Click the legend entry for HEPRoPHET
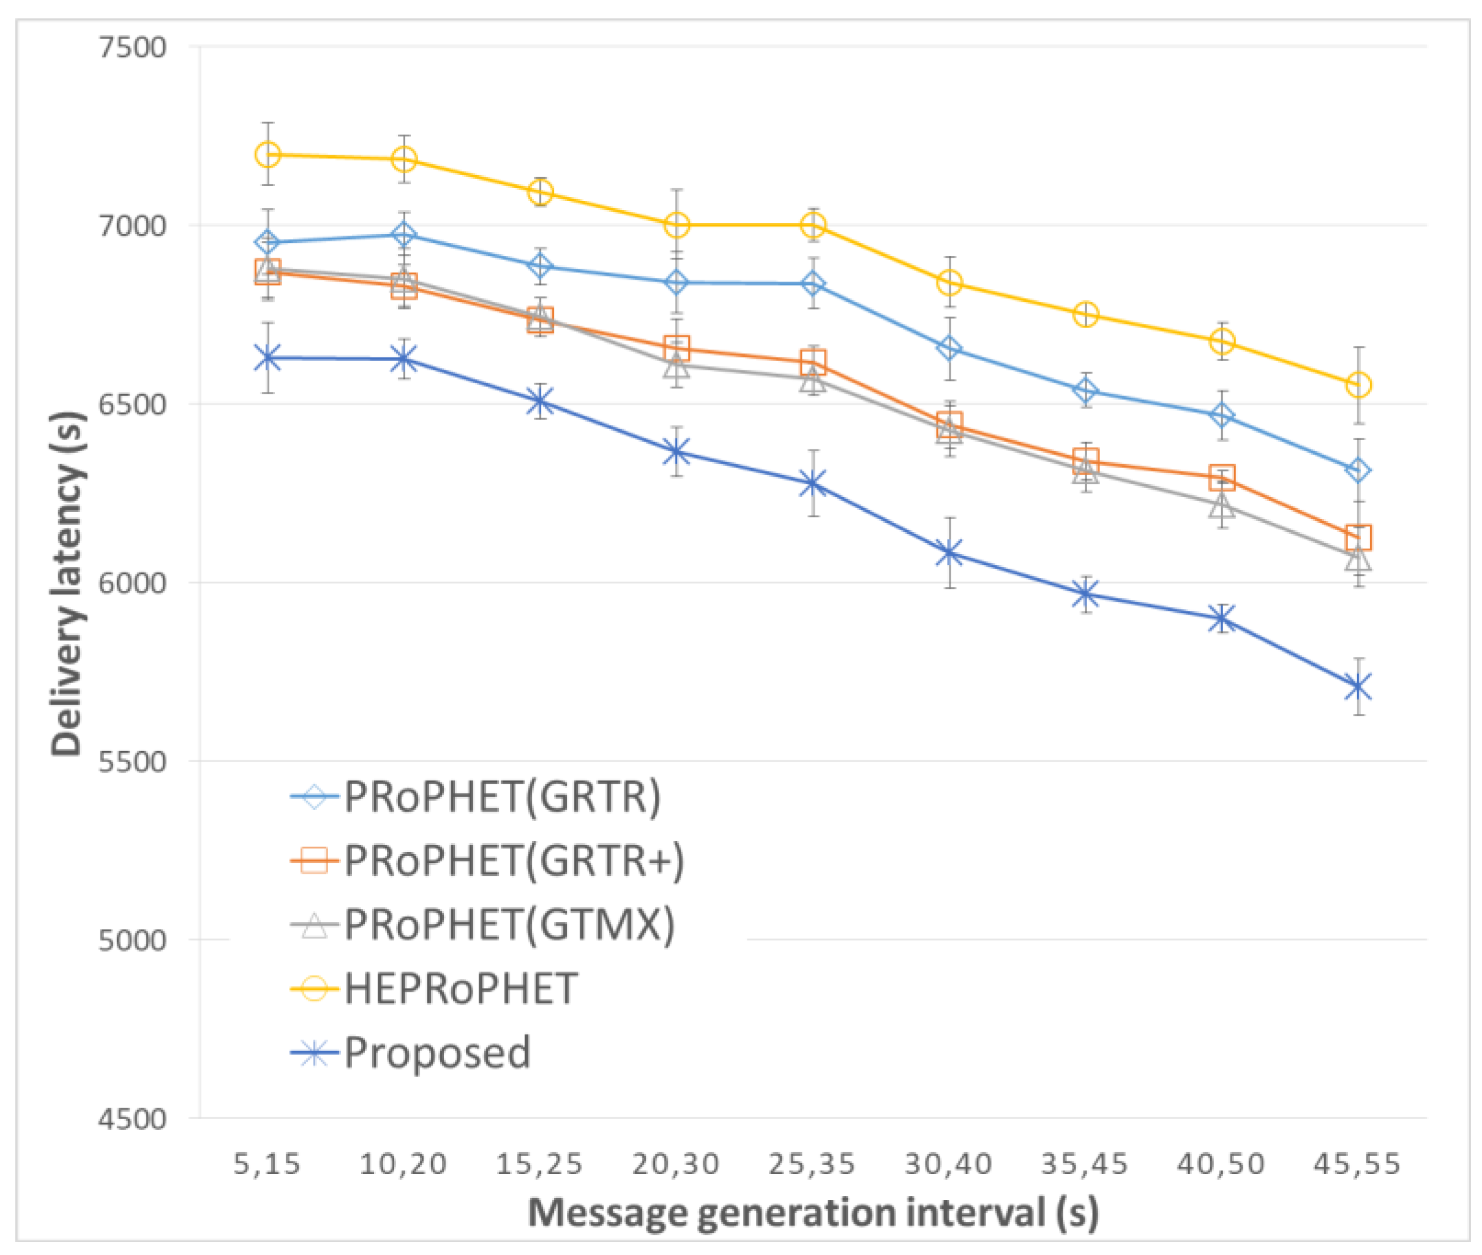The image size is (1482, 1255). pyautogui.click(x=460, y=989)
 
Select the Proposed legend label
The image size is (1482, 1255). pyautogui.click(x=437, y=1053)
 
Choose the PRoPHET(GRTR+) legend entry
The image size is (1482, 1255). pyautogui.click(x=514, y=861)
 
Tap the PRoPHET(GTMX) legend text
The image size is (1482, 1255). pyautogui.click(x=509, y=925)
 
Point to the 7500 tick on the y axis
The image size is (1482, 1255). pyautogui.click(x=132, y=48)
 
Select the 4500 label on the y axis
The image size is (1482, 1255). pyautogui.click(x=132, y=1119)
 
